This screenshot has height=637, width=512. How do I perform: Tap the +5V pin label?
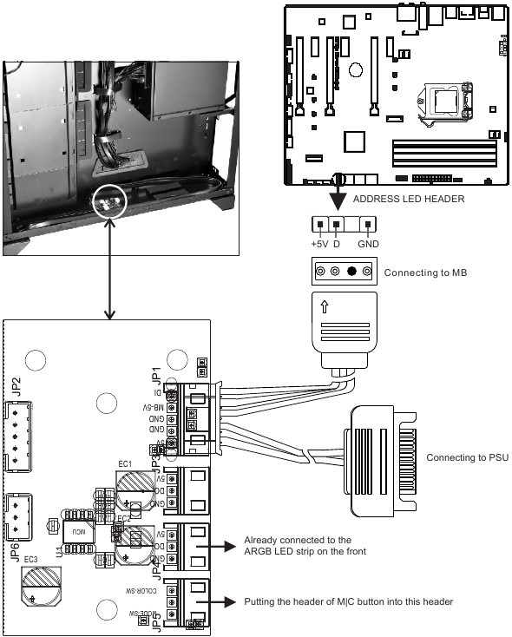point(320,245)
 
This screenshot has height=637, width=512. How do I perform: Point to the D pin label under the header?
point(336,245)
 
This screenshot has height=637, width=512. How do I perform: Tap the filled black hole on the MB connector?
point(351,273)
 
